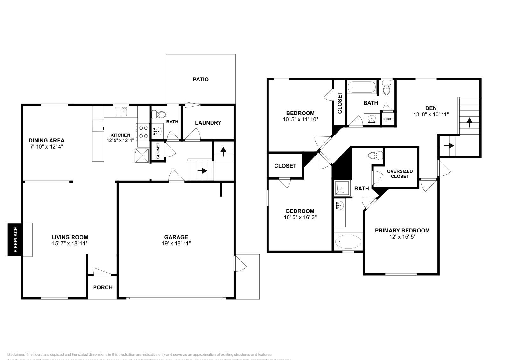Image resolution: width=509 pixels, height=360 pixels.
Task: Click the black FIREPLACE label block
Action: [15, 239]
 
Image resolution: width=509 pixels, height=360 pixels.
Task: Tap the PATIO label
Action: [201, 79]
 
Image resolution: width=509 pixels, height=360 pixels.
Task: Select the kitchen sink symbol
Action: [121, 112]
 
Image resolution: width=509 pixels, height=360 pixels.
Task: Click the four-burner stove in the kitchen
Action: [143, 132]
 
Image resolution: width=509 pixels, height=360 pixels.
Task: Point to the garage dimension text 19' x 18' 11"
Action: [176, 243]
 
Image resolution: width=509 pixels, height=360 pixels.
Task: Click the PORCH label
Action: [103, 287]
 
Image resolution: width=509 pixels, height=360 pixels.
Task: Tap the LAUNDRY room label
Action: [208, 123]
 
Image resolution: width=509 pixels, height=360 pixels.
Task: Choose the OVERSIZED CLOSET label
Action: [400, 174]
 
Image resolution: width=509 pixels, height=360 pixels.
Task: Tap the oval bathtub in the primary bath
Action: [348, 242]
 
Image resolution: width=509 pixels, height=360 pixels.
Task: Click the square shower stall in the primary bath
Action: [342, 188]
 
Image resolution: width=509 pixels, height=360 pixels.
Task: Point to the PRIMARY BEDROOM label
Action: [402, 231]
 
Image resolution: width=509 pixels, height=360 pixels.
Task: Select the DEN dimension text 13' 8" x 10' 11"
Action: [431, 114]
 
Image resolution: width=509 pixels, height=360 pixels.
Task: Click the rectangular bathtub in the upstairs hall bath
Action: [361, 87]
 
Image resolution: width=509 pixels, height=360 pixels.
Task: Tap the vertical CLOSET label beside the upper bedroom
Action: [339, 102]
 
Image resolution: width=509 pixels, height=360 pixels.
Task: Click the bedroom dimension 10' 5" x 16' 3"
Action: [300, 218]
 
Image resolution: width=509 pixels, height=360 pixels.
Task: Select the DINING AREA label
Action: [46, 140]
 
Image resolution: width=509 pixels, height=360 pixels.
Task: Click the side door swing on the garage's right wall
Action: [240, 263]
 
